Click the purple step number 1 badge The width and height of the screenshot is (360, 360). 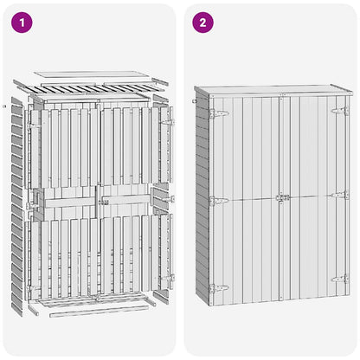click(22, 22)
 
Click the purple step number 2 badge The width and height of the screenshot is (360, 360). click(203, 22)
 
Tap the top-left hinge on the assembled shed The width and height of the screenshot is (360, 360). click(219, 113)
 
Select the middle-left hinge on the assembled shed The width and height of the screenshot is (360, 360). click(219, 201)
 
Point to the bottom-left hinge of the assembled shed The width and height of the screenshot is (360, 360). click(219, 288)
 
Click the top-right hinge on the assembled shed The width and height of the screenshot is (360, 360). click(340, 111)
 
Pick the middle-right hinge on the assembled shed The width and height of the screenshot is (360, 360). click(340, 196)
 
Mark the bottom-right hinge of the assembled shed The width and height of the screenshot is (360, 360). click(340, 279)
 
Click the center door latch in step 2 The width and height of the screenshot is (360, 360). click(283, 198)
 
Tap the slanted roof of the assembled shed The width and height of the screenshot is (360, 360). click(273, 90)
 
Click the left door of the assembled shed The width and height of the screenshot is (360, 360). click(246, 200)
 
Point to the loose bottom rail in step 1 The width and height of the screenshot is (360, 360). click(99, 311)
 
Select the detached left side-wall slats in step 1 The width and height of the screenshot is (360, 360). click(16, 207)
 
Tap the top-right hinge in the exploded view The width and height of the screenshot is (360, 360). click(168, 122)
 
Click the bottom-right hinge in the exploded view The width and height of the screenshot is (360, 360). click(168, 279)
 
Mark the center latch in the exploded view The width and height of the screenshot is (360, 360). click(103, 202)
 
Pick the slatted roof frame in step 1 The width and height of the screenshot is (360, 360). click(91, 89)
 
